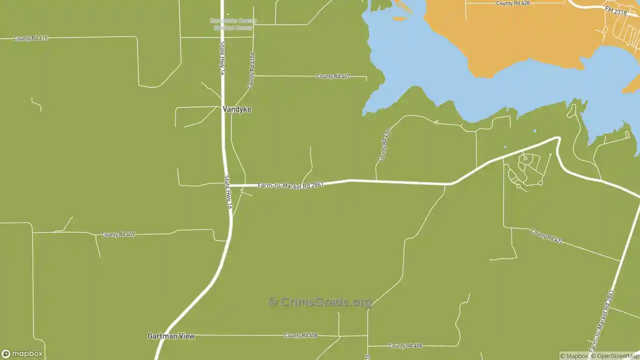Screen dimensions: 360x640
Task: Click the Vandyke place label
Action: coord(237,109)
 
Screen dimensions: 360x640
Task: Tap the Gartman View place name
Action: coord(171,336)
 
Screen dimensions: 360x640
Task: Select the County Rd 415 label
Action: coord(31,38)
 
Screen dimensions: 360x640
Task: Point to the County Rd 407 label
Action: coord(333,76)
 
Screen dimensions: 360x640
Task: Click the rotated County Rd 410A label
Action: coord(251,70)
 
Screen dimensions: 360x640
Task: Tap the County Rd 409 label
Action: coord(118,234)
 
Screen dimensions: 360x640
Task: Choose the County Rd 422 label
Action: coord(547,236)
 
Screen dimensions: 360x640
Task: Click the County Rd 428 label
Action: coord(512,3)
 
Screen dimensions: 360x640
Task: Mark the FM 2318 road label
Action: coord(615,10)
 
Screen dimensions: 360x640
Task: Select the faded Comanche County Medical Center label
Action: coord(233,24)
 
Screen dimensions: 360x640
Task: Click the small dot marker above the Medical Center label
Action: coord(227,14)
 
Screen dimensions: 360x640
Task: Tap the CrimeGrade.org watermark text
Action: coord(320,301)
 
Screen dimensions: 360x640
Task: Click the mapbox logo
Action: coord(22,354)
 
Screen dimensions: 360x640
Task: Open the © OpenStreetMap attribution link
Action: coord(614,356)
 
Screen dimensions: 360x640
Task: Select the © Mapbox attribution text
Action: coord(573,356)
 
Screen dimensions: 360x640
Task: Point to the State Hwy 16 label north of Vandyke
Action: coord(222,58)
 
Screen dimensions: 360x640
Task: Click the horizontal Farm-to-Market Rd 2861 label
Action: coord(290,185)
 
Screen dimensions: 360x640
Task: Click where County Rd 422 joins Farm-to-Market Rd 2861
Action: coord(620,260)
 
